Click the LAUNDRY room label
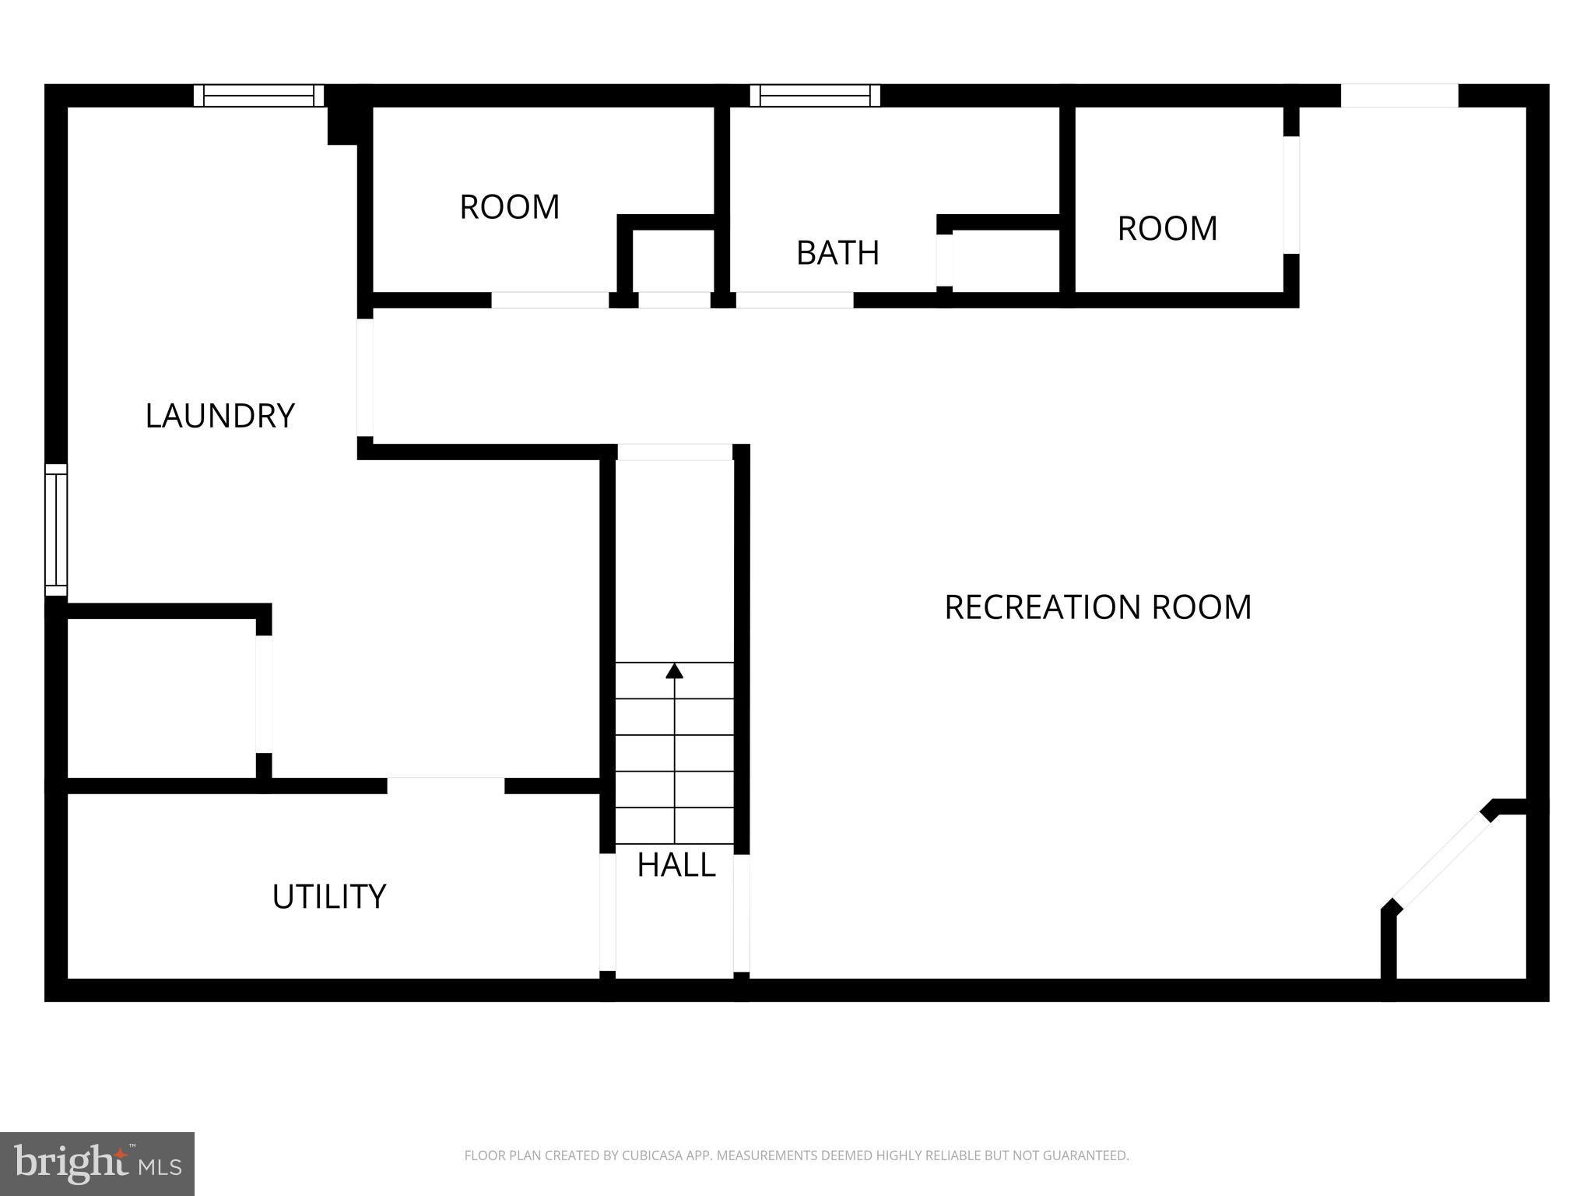pyautogui.click(x=219, y=416)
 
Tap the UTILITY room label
pyautogui.click(x=328, y=897)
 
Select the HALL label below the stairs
pyautogui.click(x=676, y=865)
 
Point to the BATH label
pyautogui.click(x=837, y=253)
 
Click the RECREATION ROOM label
pyautogui.click(x=1097, y=607)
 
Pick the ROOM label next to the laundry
pyautogui.click(x=509, y=207)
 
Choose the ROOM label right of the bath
pyautogui.click(x=1167, y=229)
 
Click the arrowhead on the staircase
pyautogui.click(x=675, y=670)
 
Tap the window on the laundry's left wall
pyautogui.click(x=56, y=529)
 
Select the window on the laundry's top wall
pyautogui.click(x=258, y=96)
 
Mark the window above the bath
pyautogui.click(x=815, y=96)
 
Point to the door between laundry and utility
pyautogui.click(x=446, y=785)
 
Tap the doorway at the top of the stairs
pyautogui.click(x=675, y=452)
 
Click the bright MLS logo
pyautogui.click(x=97, y=1163)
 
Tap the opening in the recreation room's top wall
pyautogui.click(x=1399, y=96)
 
